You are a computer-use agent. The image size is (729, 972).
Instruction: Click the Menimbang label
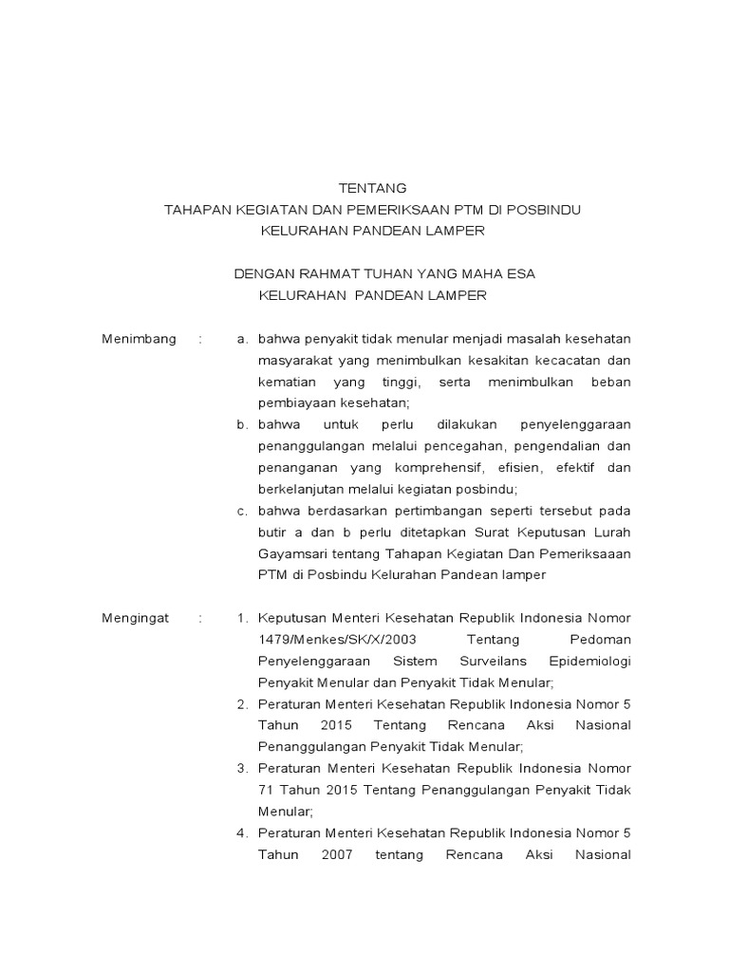pyautogui.click(x=139, y=339)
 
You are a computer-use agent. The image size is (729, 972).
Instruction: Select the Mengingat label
pyautogui.click(x=135, y=618)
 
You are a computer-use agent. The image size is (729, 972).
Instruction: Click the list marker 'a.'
pyautogui.click(x=243, y=339)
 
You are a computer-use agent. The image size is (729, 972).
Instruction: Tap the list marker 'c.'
pyautogui.click(x=243, y=511)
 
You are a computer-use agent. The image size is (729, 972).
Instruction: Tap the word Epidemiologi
pyautogui.click(x=589, y=661)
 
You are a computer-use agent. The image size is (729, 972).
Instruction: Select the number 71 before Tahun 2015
pyautogui.click(x=266, y=790)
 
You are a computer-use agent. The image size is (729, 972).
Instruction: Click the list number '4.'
pyautogui.click(x=243, y=832)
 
